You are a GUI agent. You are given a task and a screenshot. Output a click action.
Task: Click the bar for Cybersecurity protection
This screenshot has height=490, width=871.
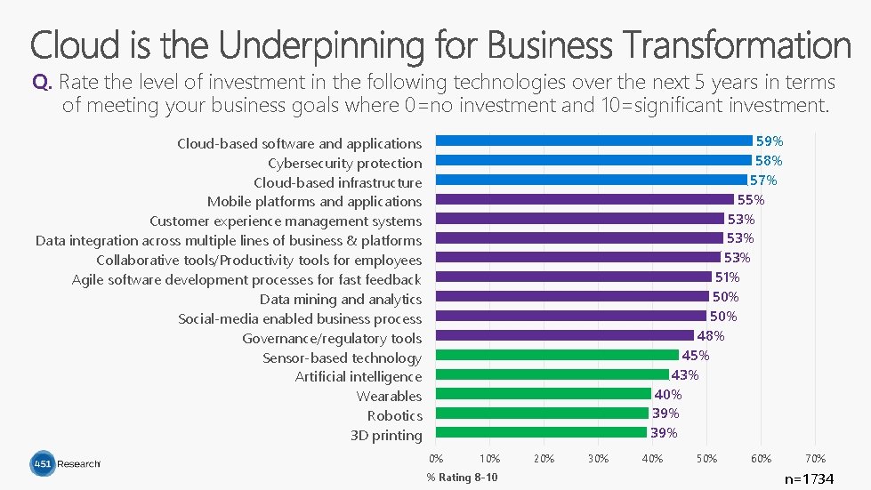pos(593,160)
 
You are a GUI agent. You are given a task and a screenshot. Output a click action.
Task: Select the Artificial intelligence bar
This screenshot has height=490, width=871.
pos(552,374)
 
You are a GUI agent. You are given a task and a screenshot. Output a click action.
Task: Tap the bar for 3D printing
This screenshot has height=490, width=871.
pos(541,432)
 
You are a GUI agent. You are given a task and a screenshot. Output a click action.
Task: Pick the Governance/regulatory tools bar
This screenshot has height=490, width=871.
pos(564,335)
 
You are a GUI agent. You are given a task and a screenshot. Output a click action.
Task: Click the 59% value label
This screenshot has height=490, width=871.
pos(770,141)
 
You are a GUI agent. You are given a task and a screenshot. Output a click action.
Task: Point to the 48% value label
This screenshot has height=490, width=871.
pos(711,336)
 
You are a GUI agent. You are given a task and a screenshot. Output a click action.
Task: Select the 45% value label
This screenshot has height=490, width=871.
pos(696,355)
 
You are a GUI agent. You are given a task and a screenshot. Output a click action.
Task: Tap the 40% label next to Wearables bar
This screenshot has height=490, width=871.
pos(667,395)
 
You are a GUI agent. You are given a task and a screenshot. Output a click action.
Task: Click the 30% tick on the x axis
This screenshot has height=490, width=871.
pos(598,459)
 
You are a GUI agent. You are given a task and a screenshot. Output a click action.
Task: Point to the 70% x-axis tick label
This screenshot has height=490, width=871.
pos(816,459)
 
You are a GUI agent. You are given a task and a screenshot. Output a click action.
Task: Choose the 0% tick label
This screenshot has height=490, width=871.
pos(436,459)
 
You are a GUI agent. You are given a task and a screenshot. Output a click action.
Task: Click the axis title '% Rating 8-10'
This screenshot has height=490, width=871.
pos(462,478)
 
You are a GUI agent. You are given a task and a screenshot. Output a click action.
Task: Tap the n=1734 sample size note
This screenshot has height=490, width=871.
pos(810,478)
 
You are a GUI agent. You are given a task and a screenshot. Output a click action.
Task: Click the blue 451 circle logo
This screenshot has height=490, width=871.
pos(43,463)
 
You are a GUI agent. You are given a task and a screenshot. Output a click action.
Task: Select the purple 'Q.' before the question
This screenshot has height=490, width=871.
pos(42,82)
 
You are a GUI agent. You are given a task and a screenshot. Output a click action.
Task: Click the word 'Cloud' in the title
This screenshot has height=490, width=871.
pos(75,44)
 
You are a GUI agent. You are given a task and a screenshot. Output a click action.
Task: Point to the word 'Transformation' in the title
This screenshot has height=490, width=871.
pos(736,44)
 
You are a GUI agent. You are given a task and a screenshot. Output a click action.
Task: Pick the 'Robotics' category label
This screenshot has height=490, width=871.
pos(394,415)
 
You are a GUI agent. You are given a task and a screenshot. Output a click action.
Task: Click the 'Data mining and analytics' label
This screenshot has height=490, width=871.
pos(341,300)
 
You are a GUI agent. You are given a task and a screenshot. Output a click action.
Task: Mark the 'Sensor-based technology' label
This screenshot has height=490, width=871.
pos(343,357)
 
